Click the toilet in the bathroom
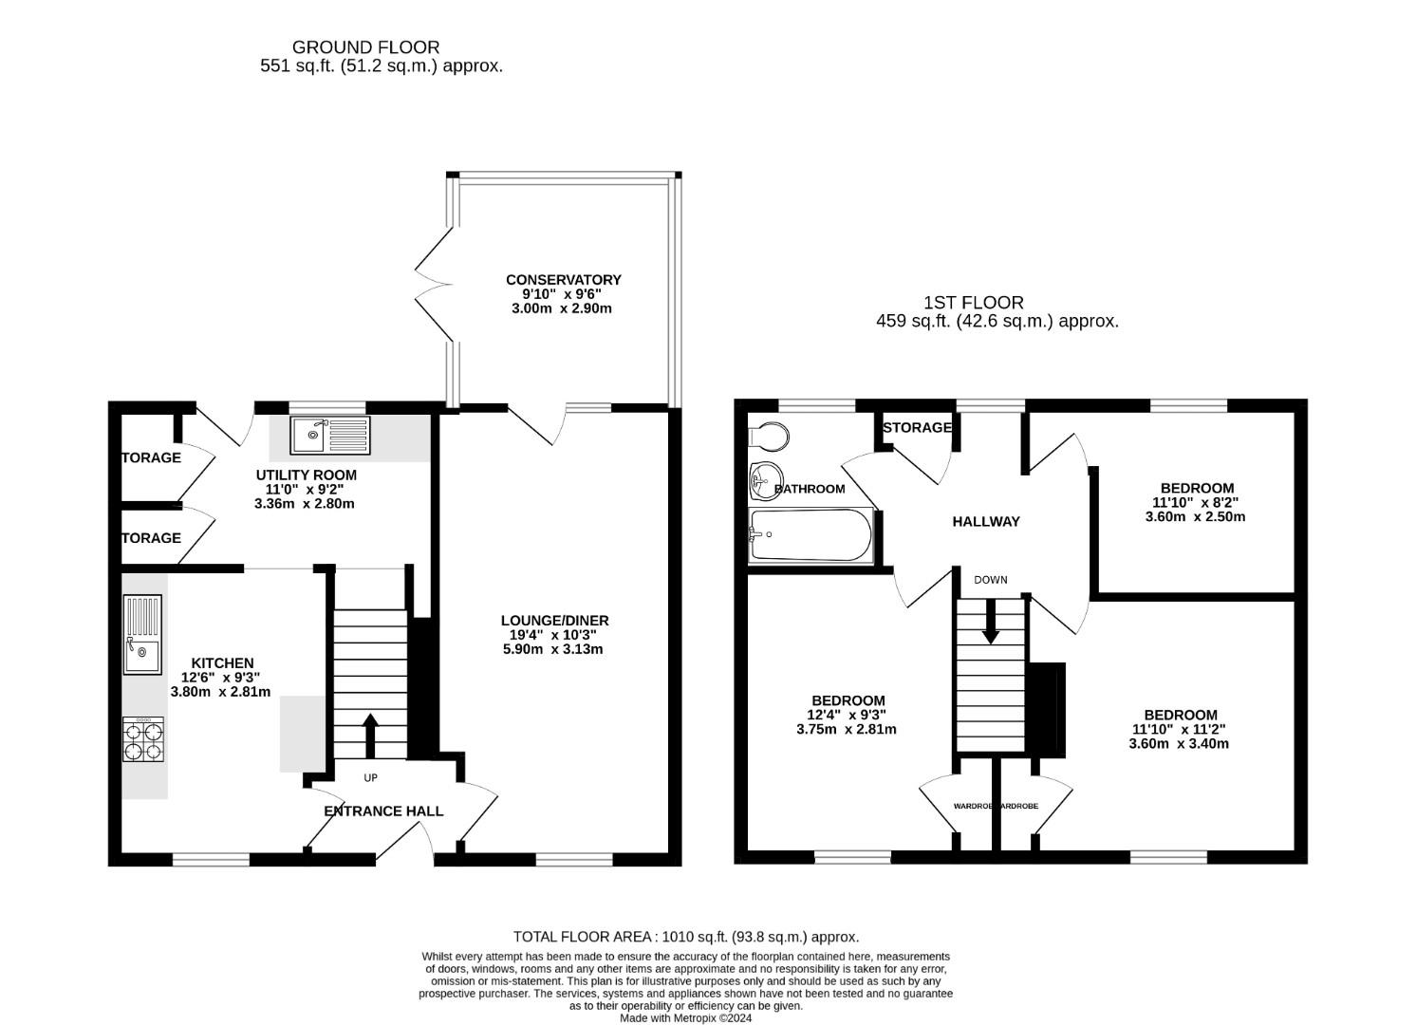770,436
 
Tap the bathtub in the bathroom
810,535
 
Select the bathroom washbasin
762,480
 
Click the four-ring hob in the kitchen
142,739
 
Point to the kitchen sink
141,634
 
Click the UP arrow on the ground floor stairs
370,736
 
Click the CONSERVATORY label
563,280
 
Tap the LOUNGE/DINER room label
555,621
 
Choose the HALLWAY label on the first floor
986,521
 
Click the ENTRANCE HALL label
383,811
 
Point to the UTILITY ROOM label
306,475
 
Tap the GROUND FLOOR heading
365,47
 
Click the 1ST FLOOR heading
974,303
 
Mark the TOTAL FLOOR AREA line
685,937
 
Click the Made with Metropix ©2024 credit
685,1018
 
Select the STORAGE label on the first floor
917,428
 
